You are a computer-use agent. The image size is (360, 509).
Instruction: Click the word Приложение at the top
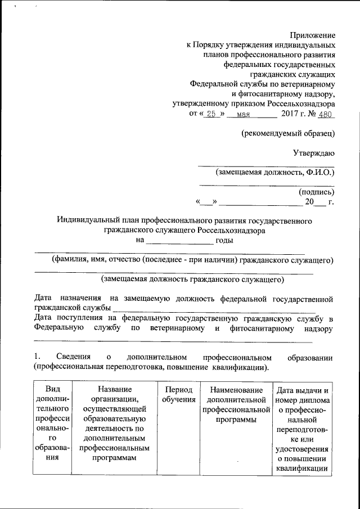click(x=312, y=35)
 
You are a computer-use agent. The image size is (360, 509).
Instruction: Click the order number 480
click(x=325, y=114)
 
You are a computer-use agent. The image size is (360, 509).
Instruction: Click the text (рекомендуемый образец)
click(x=288, y=133)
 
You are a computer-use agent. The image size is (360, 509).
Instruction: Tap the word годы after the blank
click(x=224, y=241)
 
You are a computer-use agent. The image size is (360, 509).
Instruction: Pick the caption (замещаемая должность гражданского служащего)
click(x=192, y=278)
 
